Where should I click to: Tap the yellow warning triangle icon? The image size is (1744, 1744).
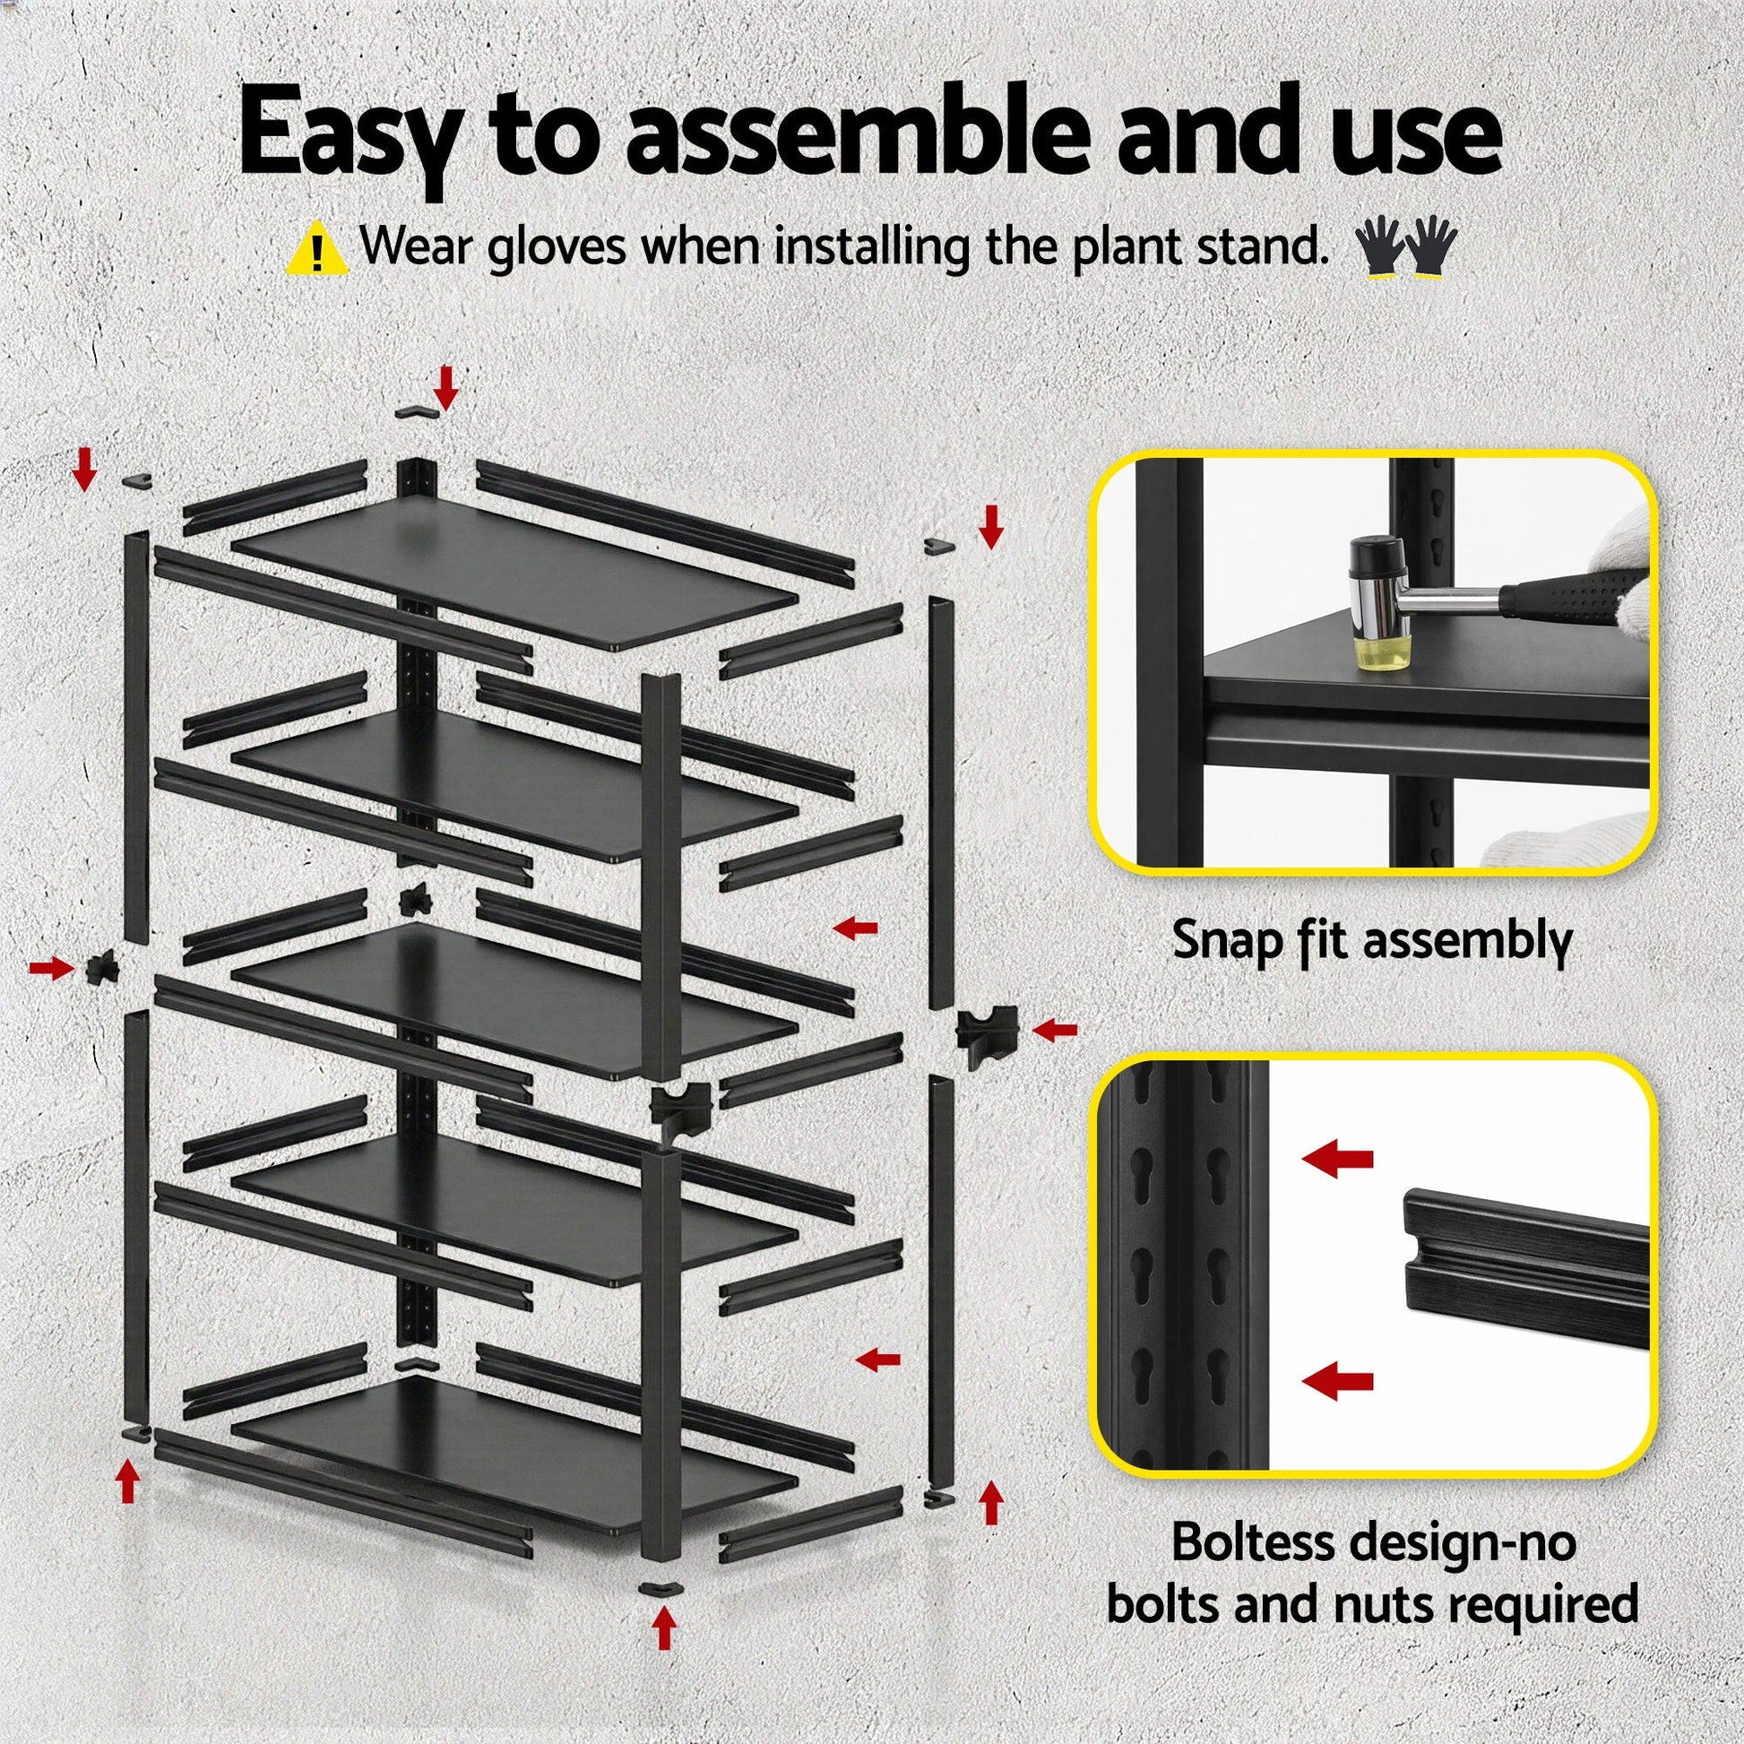pos(316,250)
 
